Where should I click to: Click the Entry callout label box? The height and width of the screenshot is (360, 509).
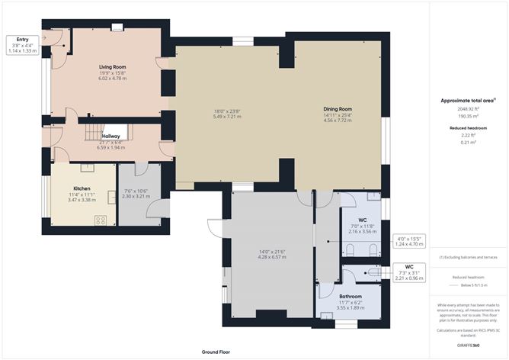[22, 45]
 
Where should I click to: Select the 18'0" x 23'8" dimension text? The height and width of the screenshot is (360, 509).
[228, 114]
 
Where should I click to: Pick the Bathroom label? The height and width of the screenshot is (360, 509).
[351, 296]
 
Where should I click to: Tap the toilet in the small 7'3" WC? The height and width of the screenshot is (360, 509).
[376, 272]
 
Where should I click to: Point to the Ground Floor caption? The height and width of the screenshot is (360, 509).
[216, 352]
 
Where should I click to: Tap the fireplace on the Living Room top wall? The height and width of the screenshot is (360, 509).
[116, 28]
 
